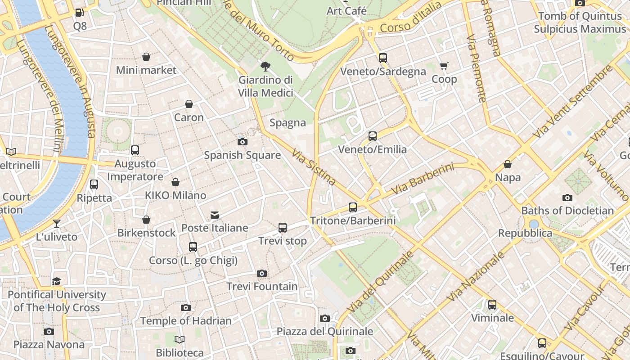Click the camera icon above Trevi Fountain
click(262, 273)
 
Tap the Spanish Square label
click(242, 155)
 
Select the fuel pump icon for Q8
click(79, 13)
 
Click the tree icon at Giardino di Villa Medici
click(265, 67)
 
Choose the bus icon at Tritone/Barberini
click(353, 207)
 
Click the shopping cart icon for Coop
click(444, 66)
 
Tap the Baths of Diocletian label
click(567, 211)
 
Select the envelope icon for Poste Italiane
click(215, 215)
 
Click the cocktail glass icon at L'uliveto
click(57, 223)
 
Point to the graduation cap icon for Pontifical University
click(57, 282)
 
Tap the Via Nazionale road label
click(476, 276)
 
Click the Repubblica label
click(525, 233)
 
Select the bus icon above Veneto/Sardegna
click(383, 58)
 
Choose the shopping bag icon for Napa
click(508, 164)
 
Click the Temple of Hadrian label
click(186, 321)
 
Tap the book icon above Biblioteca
click(180, 340)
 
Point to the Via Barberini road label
click(422, 179)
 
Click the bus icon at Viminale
click(492, 305)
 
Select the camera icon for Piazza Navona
click(49, 332)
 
